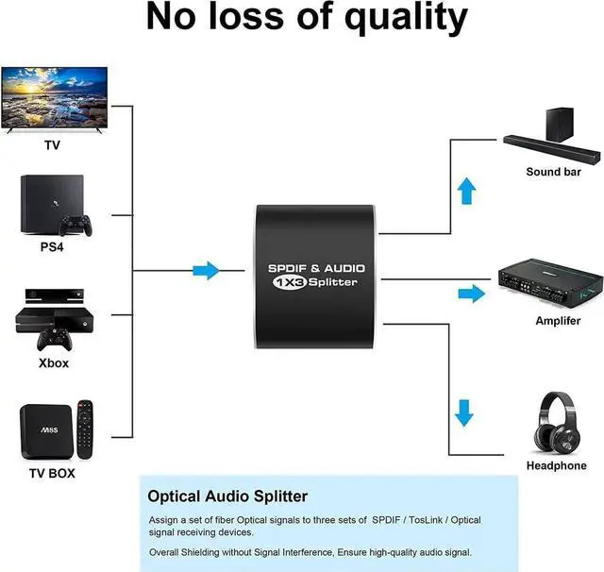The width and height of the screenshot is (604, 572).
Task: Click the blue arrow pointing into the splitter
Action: coord(206,271)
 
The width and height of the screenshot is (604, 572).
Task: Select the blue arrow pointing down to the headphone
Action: coord(464,412)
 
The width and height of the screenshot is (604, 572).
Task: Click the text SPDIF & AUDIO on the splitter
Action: coord(316,268)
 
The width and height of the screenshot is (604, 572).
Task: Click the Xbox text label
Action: coord(54,362)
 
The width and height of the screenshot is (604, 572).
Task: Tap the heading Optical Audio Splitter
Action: coord(227,496)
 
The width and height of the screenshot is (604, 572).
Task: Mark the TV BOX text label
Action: coord(53,472)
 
